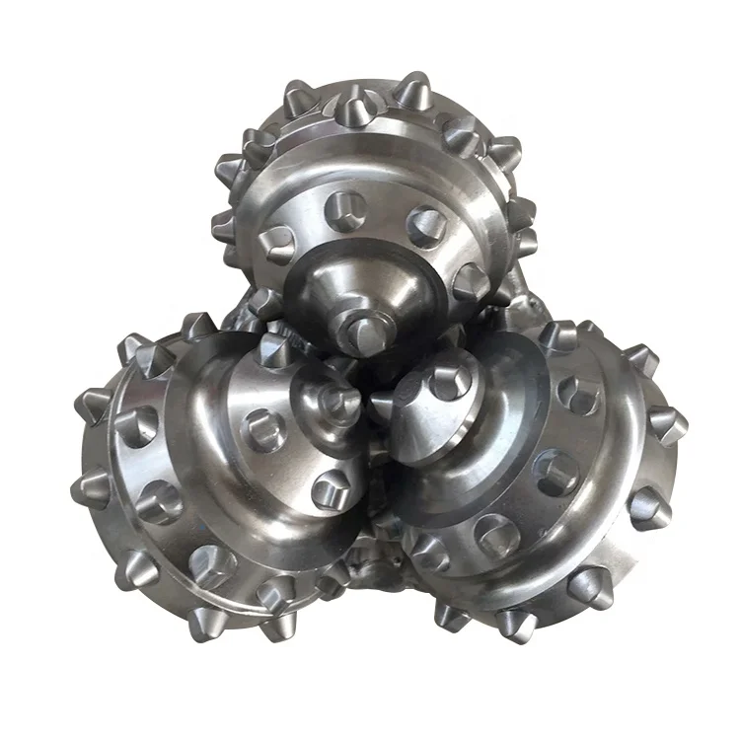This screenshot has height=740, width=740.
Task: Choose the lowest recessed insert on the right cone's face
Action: (x=493, y=533)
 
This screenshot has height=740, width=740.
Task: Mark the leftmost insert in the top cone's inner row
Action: (x=278, y=240)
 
